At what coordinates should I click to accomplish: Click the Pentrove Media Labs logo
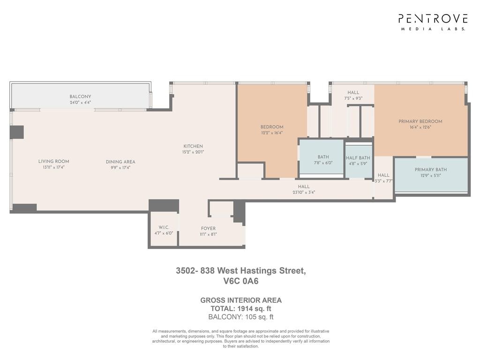coord(433,22)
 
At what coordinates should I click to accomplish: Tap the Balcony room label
coord(81,97)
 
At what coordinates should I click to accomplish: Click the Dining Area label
coord(120,162)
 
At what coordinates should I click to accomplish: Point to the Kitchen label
coord(193,146)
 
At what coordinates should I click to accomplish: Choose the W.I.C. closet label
coord(163,227)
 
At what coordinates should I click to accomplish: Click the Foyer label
coord(208,229)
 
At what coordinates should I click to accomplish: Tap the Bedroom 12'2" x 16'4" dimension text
coord(272,133)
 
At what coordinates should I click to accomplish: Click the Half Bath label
coord(358,158)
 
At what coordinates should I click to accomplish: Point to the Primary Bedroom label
coord(420,121)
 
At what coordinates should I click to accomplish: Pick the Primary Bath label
coord(430,170)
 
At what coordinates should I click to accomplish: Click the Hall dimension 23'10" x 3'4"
coord(304,192)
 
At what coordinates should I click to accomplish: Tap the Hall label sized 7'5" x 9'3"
coord(353,93)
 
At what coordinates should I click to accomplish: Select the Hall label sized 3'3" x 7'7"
coord(383,175)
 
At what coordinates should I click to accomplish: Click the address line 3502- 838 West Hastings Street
coord(241,270)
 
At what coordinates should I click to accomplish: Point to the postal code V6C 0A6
coord(241,282)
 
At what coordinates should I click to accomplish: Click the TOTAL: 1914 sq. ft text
coord(241,308)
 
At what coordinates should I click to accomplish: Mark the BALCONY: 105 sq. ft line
coord(241,317)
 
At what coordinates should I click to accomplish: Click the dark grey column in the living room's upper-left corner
coord(16,132)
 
